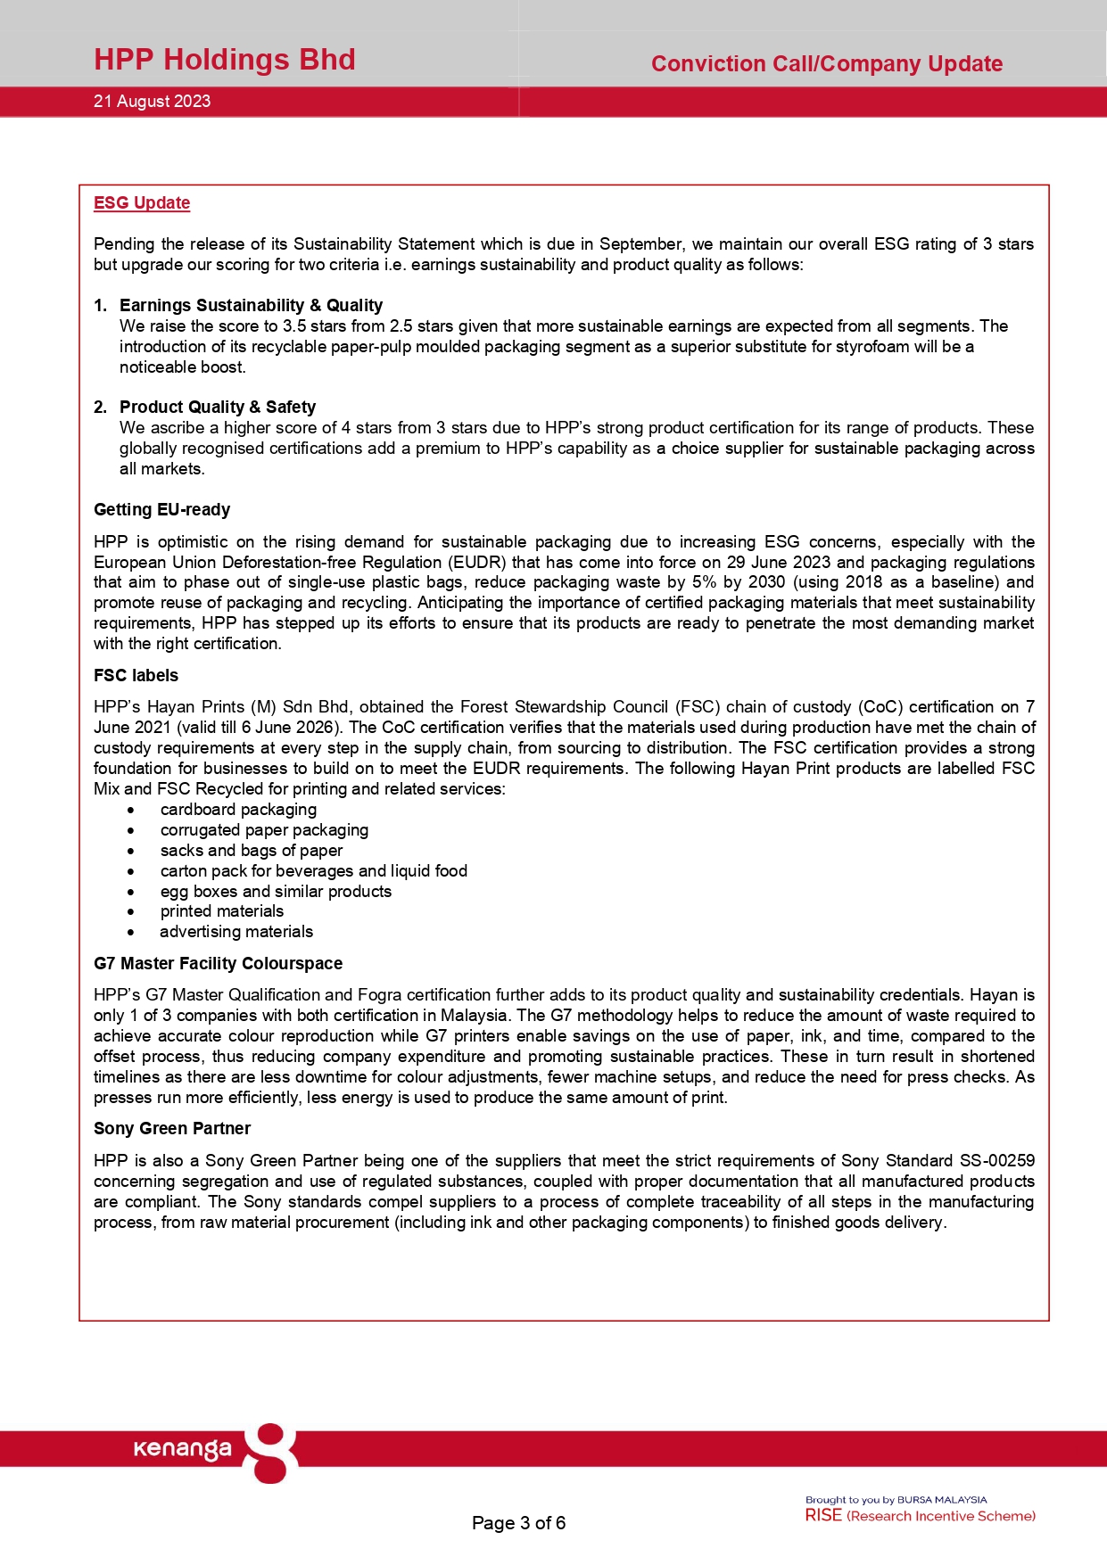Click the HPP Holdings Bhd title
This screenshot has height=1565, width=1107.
click(x=225, y=60)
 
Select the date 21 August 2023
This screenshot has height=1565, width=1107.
click(x=153, y=102)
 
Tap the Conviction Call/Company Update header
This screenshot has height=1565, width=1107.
click(x=826, y=64)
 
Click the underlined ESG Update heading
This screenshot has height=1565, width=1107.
click(x=142, y=203)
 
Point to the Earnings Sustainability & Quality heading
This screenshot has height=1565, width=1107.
click(x=251, y=305)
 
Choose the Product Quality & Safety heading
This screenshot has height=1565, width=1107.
click(x=218, y=407)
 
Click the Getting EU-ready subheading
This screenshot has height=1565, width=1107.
click(x=162, y=509)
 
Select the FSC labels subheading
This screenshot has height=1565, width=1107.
click(x=136, y=675)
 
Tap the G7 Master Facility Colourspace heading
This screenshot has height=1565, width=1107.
click(x=218, y=963)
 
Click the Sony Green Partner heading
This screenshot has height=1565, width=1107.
click(x=172, y=1128)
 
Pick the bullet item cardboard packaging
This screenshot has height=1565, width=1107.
click(x=238, y=809)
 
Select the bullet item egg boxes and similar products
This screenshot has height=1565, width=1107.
click(x=276, y=891)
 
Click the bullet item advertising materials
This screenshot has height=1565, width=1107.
click(x=236, y=931)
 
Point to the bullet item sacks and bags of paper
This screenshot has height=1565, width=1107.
click(x=252, y=850)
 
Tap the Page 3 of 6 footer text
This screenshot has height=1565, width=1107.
click(x=518, y=1522)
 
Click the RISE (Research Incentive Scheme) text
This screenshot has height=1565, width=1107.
click(x=920, y=1515)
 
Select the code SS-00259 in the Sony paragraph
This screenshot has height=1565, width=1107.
click(x=996, y=1160)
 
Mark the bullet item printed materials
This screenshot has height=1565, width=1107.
click(x=222, y=910)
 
